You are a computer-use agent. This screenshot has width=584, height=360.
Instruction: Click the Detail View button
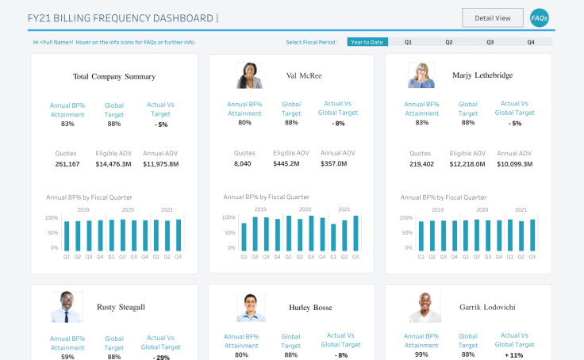point(493,18)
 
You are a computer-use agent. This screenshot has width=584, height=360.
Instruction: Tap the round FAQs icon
point(540,18)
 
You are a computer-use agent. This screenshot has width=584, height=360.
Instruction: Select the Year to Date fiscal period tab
point(367,42)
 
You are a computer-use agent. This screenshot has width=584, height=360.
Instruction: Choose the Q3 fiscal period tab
point(490,42)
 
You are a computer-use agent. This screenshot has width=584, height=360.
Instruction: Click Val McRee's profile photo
point(249,75)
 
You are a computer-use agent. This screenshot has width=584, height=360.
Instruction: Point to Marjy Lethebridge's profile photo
point(421,75)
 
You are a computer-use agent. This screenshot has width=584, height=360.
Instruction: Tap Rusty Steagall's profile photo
point(67,307)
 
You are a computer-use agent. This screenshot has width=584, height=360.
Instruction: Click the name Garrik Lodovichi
point(487,307)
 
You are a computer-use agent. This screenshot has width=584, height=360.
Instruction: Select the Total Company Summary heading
point(114,76)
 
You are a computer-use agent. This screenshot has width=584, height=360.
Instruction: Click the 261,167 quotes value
point(67,164)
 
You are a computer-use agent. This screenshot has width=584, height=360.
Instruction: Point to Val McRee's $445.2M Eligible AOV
point(286,163)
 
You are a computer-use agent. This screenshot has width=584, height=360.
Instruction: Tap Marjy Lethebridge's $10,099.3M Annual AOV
point(514,164)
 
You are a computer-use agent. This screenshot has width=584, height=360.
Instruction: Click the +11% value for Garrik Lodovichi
point(514,355)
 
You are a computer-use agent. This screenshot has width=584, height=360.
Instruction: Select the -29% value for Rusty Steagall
point(161,357)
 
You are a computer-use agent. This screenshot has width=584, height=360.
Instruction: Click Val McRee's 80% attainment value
point(244,122)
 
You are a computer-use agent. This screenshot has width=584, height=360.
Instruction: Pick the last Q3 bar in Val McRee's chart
point(355,233)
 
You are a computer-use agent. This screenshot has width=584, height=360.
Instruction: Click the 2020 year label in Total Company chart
point(128,209)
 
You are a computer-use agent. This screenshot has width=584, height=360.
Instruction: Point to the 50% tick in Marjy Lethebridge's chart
point(407,232)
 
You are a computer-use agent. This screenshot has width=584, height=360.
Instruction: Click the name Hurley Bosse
point(310,308)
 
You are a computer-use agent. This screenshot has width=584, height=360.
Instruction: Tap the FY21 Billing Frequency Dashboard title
point(121,18)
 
